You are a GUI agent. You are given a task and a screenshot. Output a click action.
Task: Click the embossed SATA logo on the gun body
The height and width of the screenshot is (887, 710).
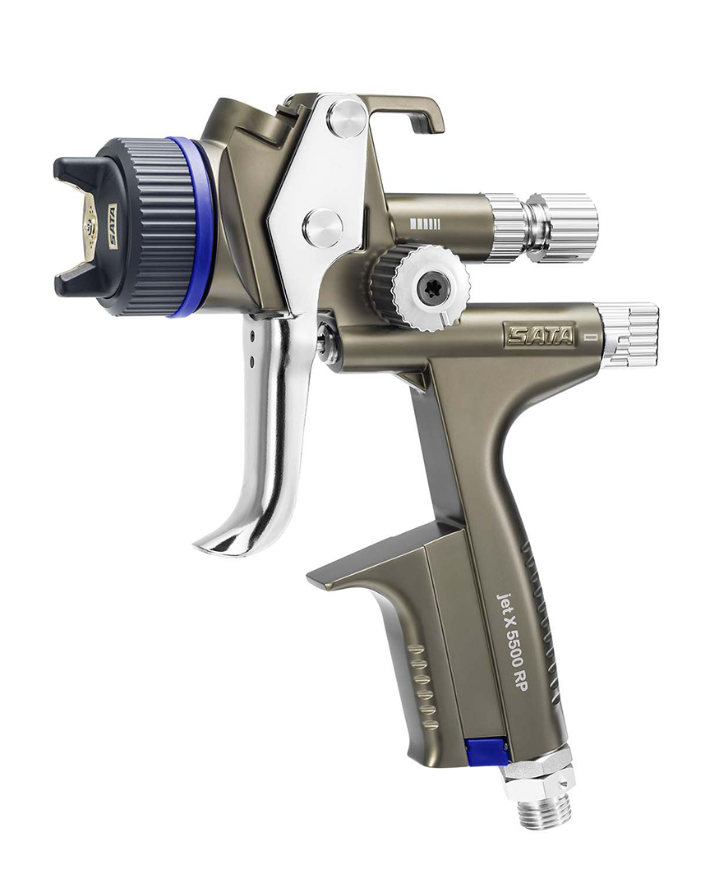540,335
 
